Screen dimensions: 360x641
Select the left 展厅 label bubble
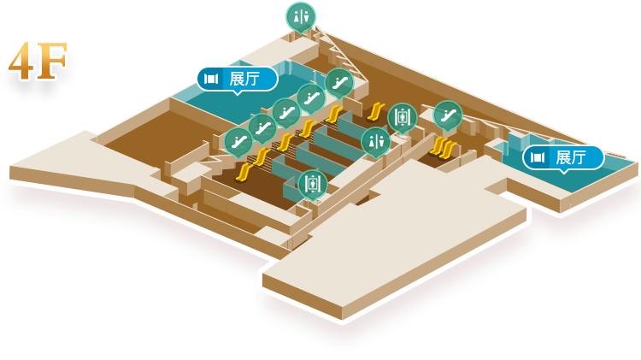click(237, 80)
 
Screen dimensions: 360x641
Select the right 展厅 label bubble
click(563, 157)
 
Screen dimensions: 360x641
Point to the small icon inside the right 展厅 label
click(538, 157)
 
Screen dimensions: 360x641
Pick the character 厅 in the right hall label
click(579, 157)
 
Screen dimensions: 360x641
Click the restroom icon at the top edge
click(300, 15)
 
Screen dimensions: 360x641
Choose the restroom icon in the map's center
click(375, 141)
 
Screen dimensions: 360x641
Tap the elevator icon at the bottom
click(312, 182)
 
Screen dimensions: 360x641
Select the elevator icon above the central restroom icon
click(402, 116)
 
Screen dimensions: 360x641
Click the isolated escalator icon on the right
click(447, 115)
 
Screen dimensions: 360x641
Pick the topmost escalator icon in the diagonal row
click(338, 82)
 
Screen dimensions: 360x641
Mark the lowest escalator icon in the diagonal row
click(238, 141)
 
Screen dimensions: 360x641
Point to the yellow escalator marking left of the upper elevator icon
click(375, 110)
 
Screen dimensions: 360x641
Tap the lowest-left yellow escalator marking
click(243, 173)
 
